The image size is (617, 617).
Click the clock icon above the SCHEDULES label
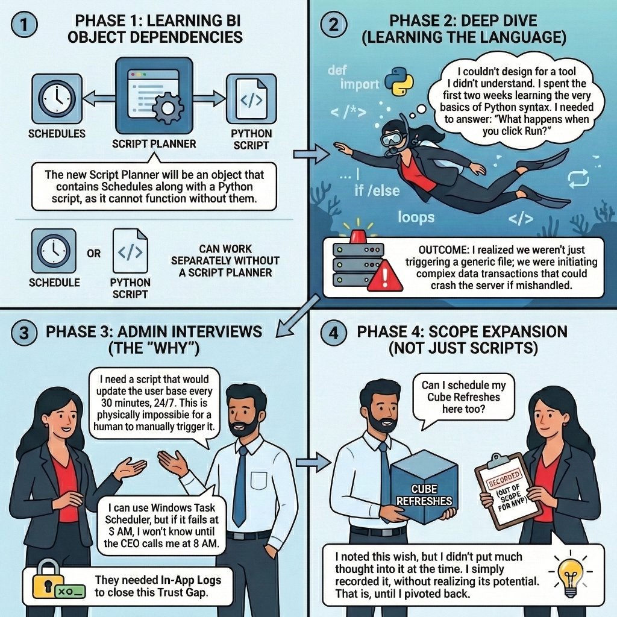(x=55, y=96)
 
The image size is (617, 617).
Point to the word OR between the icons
(x=94, y=254)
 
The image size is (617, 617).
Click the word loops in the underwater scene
(x=416, y=216)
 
